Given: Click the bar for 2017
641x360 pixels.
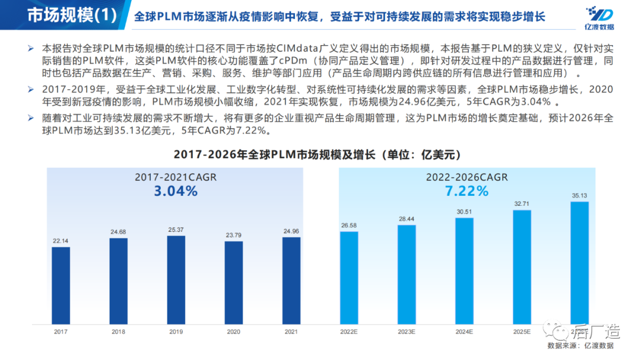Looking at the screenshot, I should [x=61, y=286].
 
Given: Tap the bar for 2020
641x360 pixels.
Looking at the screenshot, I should [x=233, y=283].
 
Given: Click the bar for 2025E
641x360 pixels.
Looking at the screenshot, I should [x=522, y=267].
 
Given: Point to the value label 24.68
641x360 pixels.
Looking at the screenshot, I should [x=118, y=231].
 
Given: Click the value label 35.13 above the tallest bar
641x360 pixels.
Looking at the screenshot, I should [x=579, y=195].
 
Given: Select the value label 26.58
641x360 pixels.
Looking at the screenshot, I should [x=349, y=225].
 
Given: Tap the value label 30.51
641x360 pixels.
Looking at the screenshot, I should [x=464, y=211].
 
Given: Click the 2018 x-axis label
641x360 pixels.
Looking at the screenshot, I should [x=118, y=332].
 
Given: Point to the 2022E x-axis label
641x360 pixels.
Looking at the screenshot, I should [x=349, y=332].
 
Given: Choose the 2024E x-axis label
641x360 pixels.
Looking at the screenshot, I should [x=464, y=332].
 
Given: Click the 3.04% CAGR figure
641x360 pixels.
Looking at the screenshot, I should [x=176, y=191].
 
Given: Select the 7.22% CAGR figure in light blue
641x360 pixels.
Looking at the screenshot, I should [x=467, y=191].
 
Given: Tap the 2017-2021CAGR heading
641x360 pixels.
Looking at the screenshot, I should [x=176, y=177].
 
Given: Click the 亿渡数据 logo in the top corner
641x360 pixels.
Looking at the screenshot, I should [x=599, y=18].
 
